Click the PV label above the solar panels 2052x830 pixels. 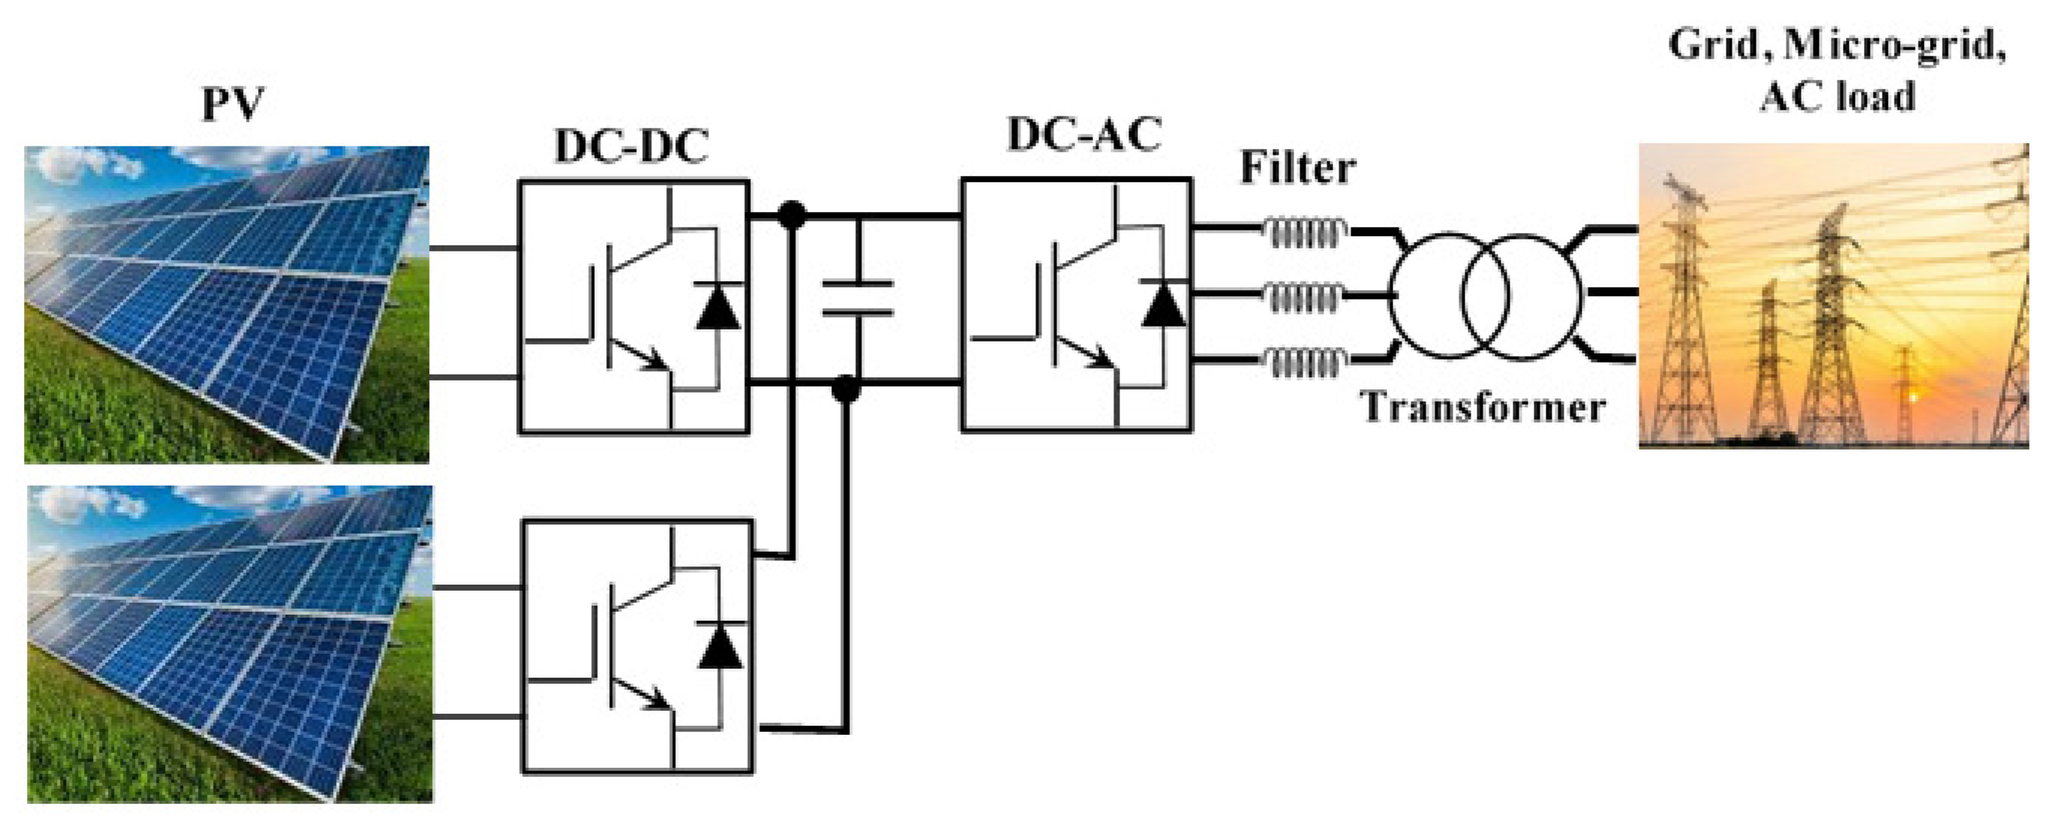232,104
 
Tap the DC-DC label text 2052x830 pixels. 631,146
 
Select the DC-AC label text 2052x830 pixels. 1084,134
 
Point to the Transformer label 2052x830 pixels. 1483,407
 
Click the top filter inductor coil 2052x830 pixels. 1305,233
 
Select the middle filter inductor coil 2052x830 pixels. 1305,297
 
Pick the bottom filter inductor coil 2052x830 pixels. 1305,362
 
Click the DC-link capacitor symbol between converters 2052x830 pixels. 857,298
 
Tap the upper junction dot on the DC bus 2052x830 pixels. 791,215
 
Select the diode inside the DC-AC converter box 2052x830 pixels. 1162,303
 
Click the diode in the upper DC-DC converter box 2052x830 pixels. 718,307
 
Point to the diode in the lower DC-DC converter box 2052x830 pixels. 721,646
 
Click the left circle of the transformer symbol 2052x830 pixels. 1449,296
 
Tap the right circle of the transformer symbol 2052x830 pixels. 1521,296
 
